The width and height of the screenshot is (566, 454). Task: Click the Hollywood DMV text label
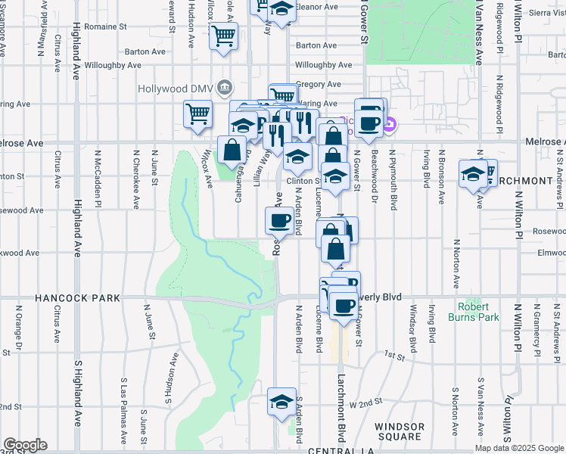coord(176,89)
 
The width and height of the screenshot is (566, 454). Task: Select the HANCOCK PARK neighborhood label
coord(77,299)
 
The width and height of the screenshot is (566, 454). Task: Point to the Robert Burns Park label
coord(478,312)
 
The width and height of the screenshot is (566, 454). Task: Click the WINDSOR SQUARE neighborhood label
coord(400,432)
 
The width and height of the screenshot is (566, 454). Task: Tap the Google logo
coord(24,445)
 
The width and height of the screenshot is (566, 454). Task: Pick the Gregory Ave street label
coord(319,84)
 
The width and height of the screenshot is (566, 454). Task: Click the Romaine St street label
coord(105,26)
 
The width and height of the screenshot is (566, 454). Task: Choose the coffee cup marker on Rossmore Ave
coord(279,220)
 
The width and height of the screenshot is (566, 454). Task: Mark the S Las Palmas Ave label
coord(123,416)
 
